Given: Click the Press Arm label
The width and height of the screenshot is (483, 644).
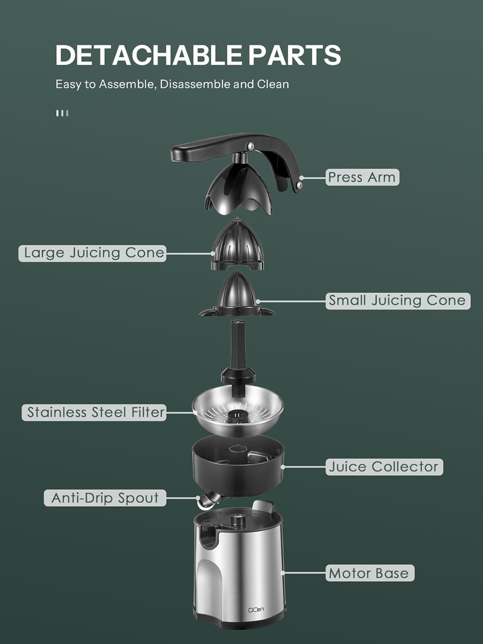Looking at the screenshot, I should point(362,177).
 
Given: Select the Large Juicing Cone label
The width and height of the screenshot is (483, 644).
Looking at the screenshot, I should point(92,253).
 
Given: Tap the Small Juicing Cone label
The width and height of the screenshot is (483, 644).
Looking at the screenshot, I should point(398,301).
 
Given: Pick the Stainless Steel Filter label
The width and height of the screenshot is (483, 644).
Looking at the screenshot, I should point(94,413).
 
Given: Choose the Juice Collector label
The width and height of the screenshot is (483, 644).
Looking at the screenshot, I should point(384,467).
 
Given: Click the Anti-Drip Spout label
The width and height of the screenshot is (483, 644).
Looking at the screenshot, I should point(105,498).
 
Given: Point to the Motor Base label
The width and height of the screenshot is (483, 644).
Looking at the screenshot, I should point(369,573).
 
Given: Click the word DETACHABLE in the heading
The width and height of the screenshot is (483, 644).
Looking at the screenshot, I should point(148,55).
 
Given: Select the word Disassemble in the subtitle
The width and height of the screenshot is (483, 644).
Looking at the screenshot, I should point(195,84).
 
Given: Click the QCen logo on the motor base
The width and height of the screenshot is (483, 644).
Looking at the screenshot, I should point(256,609).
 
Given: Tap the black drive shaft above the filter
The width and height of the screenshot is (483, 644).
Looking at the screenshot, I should point(237,352).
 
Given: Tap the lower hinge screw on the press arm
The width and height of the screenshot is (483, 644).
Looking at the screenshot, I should point(299,185).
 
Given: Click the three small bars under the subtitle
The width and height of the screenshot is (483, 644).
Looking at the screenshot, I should point(62,113).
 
